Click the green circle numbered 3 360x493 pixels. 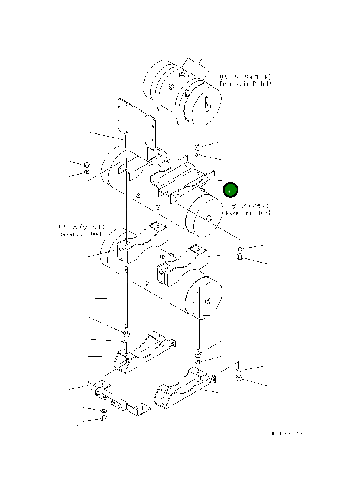[x=230, y=190]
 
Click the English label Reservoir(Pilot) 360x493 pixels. [x=245, y=84]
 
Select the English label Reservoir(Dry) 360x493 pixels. [x=248, y=213]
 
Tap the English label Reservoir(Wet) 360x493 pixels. [x=82, y=234]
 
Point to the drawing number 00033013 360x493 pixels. [x=287, y=434]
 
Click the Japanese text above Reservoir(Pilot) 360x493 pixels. [x=245, y=77]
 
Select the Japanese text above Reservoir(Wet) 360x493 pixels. [x=82, y=227]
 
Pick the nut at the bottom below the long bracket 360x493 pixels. [x=103, y=419]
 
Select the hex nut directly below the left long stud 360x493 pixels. [x=126, y=333]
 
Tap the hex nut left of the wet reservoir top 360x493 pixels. [x=87, y=165]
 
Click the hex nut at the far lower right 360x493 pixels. [x=238, y=378]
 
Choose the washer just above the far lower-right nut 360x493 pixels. [x=238, y=370]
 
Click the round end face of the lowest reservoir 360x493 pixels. [x=204, y=300]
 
